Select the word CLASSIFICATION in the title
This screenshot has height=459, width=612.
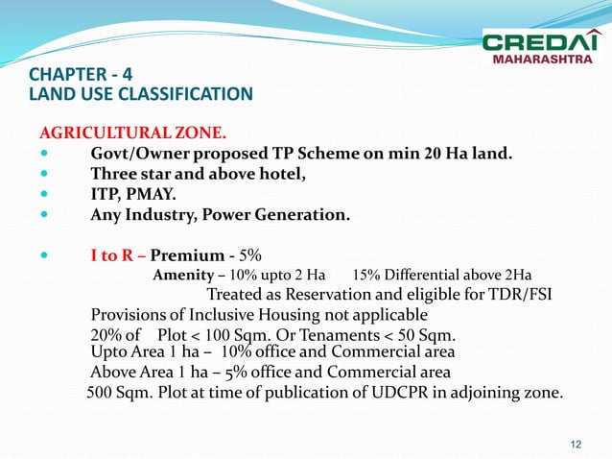click(192, 94)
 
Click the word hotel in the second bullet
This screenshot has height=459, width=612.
click(278, 174)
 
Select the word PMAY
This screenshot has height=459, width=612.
click(156, 195)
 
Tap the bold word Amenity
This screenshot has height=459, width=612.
click(183, 277)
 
